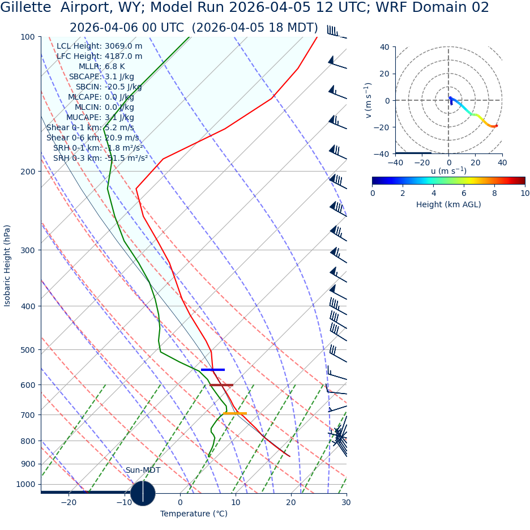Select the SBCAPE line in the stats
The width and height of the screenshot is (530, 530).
click(101, 76)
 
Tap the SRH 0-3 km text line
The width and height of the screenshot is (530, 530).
click(100, 158)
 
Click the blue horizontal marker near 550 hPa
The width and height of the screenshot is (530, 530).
click(212, 370)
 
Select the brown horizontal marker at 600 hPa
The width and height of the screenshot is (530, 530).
click(221, 385)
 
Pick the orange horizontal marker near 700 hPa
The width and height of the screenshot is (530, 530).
click(235, 413)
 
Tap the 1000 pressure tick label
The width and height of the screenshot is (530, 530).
click(25, 484)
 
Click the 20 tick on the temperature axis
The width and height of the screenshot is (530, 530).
click(291, 502)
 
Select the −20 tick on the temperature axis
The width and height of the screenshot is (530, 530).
click(68, 502)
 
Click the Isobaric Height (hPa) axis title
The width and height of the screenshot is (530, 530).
click(7, 266)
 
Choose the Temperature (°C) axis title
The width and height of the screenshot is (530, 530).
click(194, 514)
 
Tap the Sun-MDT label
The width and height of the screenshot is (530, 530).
click(143, 470)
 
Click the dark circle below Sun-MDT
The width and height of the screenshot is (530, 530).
click(143, 493)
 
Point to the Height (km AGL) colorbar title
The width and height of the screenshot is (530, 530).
click(448, 204)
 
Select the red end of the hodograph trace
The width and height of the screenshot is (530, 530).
click(496, 126)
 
